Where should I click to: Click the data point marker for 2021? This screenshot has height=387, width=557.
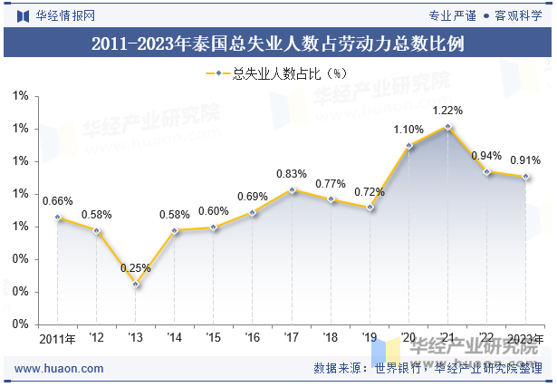coord(448,127)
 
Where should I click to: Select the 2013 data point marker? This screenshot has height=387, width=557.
coord(135,285)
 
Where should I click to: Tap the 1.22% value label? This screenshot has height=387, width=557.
coord(447,111)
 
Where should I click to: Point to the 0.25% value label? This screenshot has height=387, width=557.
coord(135,268)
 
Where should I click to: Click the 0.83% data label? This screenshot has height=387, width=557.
coord(292,174)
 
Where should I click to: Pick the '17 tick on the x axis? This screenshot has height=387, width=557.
coord(292,337)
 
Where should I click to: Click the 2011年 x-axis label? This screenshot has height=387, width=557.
coord(57,339)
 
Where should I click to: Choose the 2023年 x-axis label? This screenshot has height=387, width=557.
coord(525,339)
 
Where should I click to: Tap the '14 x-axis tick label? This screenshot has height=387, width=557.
coord(175,337)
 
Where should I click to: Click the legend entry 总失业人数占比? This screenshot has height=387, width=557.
coord(276,73)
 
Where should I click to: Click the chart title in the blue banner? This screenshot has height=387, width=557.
coord(278,44)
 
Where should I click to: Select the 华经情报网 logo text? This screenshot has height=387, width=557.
coord(65,15)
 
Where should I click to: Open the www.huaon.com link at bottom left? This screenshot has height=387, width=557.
coord(59,369)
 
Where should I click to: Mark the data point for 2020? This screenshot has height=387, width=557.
coord(408,146)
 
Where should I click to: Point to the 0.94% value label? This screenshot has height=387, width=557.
coord(486,156)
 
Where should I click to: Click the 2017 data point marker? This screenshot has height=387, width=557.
coord(292,190)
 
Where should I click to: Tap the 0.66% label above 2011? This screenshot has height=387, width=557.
coord(58,201)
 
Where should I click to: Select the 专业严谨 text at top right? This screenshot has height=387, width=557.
coord(452,15)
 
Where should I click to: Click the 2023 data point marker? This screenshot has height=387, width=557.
coord(525,177)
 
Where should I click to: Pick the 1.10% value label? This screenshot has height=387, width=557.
coord(408,130)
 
